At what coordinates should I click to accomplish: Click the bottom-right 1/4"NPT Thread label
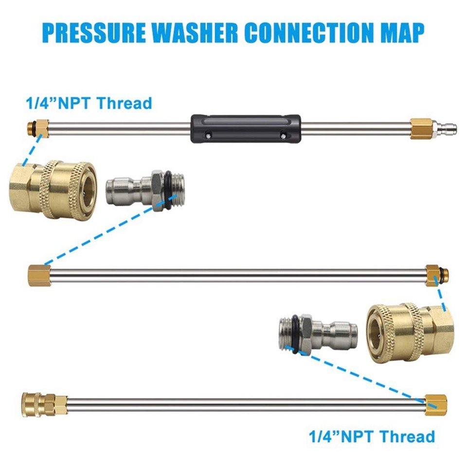[x=372, y=436]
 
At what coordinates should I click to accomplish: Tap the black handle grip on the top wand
[x=246, y=128]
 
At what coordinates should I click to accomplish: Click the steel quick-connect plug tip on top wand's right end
[x=444, y=129]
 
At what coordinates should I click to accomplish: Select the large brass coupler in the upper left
[x=53, y=190]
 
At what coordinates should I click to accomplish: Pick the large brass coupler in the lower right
[x=410, y=333]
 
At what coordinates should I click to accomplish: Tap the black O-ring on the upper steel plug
[x=168, y=190]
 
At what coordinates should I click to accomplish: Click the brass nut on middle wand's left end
[x=36, y=275]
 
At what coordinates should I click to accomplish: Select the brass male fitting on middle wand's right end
[x=436, y=275]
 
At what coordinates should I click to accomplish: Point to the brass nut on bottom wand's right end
[x=436, y=405]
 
